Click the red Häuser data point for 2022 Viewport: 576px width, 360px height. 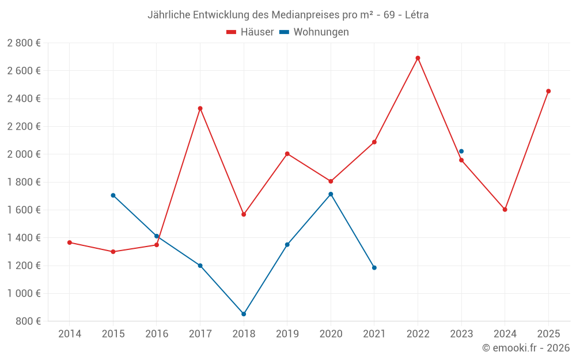click(x=418, y=58)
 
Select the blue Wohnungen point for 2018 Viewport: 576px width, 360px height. click(x=244, y=314)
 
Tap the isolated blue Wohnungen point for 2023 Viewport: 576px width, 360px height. click(x=461, y=151)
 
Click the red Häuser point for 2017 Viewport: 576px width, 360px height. click(x=200, y=108)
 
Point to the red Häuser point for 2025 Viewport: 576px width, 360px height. click(x=548, y=91)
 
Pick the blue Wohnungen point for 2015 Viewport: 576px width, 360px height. click(x=113, y=195)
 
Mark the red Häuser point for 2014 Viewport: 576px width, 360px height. click(x=70, y=242)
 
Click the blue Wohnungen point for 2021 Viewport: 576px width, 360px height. click(x=374, y=268)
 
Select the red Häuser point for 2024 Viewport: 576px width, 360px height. click(x=505, y=210)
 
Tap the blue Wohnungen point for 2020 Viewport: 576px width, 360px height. click(x=331, y=194)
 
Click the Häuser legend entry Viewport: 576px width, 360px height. click(x=250, y=32)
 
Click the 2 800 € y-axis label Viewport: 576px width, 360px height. click(x=24, y=43)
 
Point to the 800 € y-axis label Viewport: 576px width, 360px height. click(x=28, y=321)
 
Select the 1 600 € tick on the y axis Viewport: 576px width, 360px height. click(x=24, y=210)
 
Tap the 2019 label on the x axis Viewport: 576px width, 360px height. click(x=287, y=334)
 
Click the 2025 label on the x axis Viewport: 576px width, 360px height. click(x=548, y=334)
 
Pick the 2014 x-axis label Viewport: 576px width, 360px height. click(x=70, y=334)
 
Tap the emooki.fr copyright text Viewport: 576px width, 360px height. click(x=525, y=348)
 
